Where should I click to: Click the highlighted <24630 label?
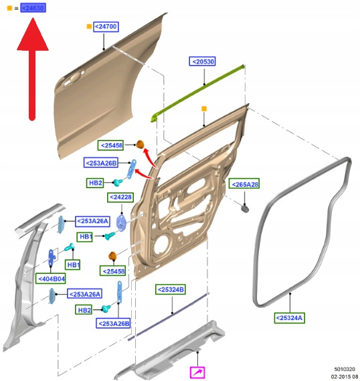coord(33,8)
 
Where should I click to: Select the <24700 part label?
coord(106,26)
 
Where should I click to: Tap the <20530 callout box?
coord(202,62)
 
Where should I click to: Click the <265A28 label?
coord(244,184)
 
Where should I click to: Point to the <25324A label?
coord(289,318)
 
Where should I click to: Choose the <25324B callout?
coord(171,289)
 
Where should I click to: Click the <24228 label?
coord(120,197)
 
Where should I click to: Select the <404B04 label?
coord(51,279)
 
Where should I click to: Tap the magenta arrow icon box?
coord(197,372)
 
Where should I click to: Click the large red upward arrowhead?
coord(33,35)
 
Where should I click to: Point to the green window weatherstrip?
coord(198,92)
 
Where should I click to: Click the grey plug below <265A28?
coord(245,209)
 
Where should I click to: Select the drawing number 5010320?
coord(345,369)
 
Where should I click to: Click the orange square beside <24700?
coord(89,27)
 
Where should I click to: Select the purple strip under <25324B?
coord(168,317)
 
